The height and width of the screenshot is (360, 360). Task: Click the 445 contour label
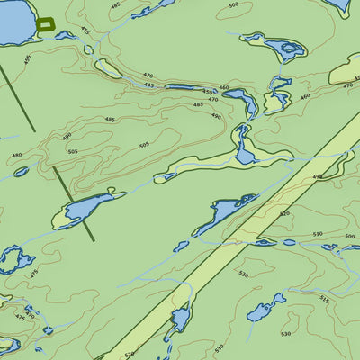(x=148, y=85)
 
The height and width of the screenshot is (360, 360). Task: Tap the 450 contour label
(x=208, y=92)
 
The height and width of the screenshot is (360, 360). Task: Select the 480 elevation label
(x=16, y=155)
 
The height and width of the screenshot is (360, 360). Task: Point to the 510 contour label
(x=317, y=234)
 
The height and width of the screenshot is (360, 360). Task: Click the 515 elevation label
(x=324, y=298)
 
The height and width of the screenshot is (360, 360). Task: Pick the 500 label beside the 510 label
(x=349, y=237)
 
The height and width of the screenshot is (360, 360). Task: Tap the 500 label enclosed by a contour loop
(x=234, y=5)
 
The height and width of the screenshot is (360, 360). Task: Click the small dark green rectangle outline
(x=46, y=24)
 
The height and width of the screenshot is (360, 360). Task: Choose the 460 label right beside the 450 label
(x=224, y=87)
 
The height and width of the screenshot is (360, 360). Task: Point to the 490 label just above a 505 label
(x=67, y=137)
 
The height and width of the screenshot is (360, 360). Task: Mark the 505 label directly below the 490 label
(x=72, y=152)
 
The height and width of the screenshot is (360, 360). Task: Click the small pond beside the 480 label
(x=21, y=171)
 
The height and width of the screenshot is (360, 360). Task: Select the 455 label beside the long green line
(x=27, y=59)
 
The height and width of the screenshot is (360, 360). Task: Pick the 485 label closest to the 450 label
(x=198, y=104)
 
